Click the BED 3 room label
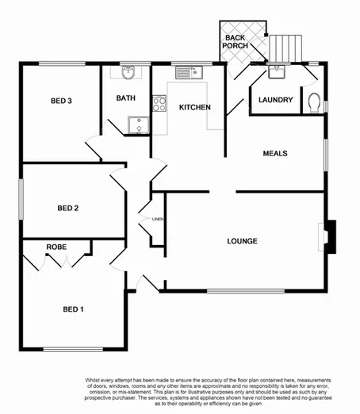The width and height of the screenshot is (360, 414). pos(62,101)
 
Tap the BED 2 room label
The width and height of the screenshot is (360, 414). pos(68,209)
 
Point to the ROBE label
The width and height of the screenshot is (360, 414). pos(56,247)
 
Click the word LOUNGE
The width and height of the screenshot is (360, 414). pos(242,240)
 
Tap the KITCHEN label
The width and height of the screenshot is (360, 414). pos(193,107)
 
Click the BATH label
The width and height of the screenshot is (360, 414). pos(126,98)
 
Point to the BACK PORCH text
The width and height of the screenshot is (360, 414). pos(236,42)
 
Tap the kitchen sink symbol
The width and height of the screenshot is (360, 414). pos(190,73)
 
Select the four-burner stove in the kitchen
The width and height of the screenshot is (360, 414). pos(159,103)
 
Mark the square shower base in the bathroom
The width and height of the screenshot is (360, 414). pos(138,126)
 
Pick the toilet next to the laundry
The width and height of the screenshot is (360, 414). pos(314,102)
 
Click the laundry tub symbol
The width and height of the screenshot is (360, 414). pos(276,72)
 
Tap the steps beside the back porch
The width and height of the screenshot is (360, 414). pos(283,48)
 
